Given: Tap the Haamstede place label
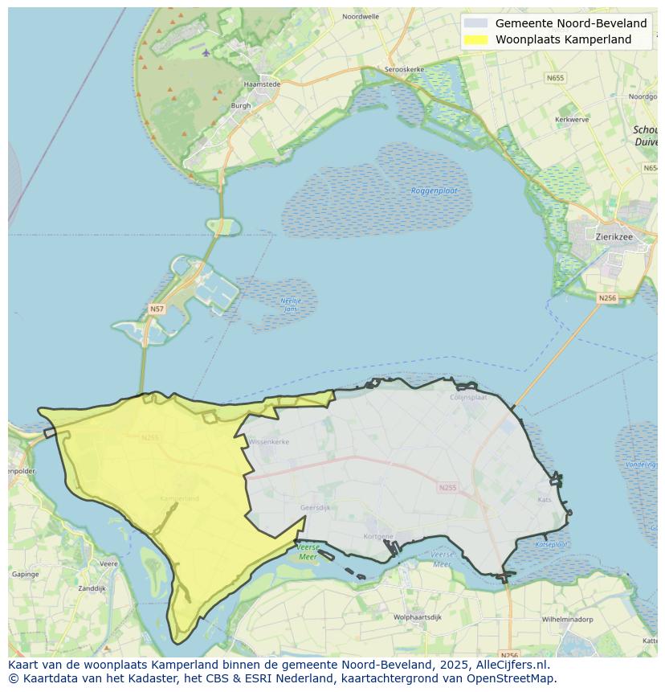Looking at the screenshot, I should [261, 84].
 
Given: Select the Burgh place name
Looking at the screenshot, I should [241, 105].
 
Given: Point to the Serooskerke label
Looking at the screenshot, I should [403, 70].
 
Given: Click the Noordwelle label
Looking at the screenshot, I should [360, 16].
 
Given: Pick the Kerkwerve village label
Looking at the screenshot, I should [572, 120].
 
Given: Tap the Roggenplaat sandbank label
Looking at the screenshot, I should [434, 190].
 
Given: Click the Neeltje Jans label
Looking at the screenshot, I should [290, 305].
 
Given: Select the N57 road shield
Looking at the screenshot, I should [157, 309].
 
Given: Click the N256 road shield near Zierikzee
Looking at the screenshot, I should [607, 298].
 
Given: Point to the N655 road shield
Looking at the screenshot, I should [555, 78].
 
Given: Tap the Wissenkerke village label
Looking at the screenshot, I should [268, 442].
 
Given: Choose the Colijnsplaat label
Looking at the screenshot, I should [469, 396].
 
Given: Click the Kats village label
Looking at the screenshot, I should [545, 499].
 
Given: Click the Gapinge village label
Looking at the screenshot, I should [25, 575].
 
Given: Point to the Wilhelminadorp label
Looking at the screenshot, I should [567, 620].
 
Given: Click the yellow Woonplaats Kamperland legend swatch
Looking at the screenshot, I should [475, 39].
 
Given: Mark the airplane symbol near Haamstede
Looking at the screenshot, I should [206, 53].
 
